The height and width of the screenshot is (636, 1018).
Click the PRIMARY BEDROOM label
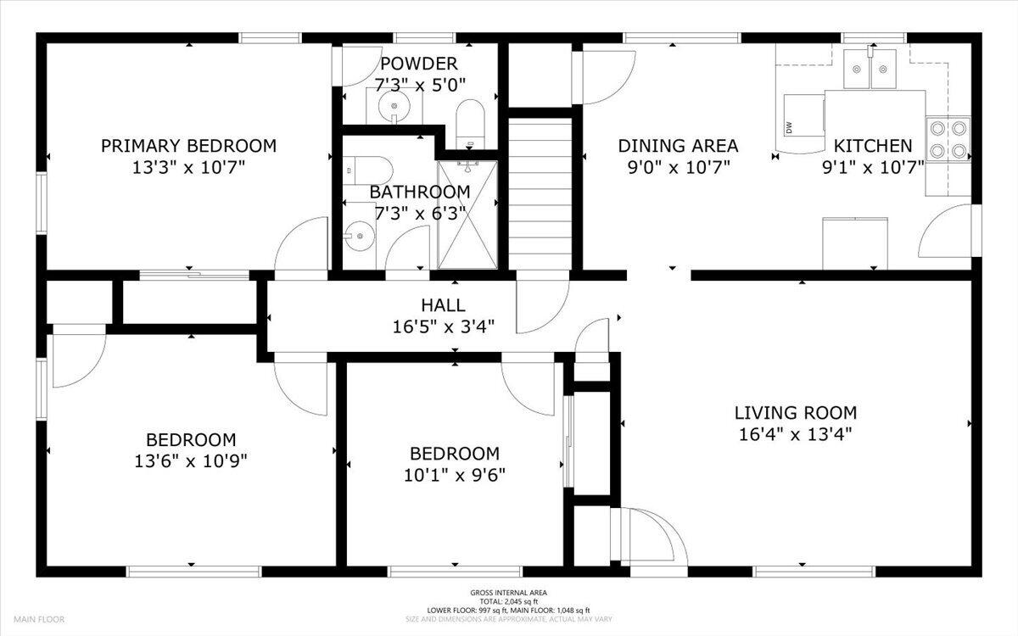pos(188,146)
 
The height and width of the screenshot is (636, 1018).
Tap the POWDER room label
pos(418,64)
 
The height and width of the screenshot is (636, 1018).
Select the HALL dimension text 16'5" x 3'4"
pos(443,326)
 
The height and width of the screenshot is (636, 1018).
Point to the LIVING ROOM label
pos(796,413)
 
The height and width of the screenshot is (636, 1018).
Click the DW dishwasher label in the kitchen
pos(788,128)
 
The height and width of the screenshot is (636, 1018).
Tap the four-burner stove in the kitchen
pos(948,139)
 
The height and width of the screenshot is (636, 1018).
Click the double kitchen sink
pos(870,69)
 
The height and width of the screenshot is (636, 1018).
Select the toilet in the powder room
pos(470,124)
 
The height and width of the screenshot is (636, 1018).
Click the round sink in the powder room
pos(394,107)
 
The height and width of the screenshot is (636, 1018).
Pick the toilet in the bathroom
pos(367,170)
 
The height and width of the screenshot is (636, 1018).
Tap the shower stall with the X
pos(467,215)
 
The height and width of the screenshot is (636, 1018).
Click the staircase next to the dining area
pos(540,194)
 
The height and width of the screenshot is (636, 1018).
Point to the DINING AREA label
pos(678,146)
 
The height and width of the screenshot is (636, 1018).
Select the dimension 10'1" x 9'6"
pos(455,475)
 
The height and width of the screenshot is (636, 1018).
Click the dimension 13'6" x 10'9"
pos(191,461)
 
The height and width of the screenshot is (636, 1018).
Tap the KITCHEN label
pos(873,146)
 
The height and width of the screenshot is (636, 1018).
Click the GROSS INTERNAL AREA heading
pos(508,593)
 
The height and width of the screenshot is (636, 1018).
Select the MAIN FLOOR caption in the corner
pos(39,619)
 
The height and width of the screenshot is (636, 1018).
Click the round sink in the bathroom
pos(360,236)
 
